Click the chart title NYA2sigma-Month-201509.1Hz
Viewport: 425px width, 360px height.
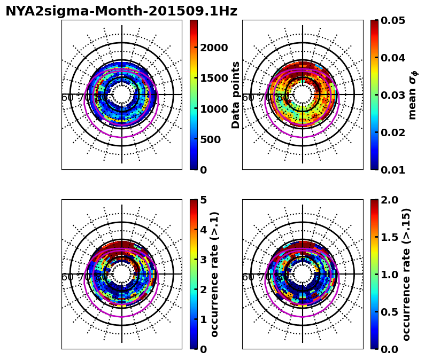coord(121,11)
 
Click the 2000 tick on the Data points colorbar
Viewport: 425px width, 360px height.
coord(214,48)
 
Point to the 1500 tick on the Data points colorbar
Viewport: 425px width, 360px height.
coord(214,79)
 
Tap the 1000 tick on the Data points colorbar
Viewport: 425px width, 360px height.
coord(214,109)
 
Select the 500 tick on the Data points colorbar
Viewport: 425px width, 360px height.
coord(210,139)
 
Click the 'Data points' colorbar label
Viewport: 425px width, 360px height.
coord(236,95)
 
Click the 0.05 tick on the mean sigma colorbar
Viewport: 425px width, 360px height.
coord(393,20)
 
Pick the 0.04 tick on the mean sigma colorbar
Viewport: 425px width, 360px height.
coord(393,58)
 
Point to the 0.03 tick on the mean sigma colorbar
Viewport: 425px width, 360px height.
coord(393,95)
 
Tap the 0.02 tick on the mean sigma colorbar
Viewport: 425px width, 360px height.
coord(393,132)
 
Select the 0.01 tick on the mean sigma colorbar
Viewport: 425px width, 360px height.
coord(393,170)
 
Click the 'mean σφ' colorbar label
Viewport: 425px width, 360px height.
coord(412,95)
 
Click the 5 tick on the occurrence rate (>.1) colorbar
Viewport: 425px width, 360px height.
coord(203,200)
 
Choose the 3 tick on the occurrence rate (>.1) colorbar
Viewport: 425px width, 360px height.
coord(203,260)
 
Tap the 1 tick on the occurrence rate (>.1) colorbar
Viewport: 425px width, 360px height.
coord(203,319)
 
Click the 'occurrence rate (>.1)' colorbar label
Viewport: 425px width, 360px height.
coord(215,274)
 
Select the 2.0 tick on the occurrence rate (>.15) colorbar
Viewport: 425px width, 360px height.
coord(390,200)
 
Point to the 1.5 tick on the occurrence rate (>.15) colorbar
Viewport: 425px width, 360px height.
coord(390,237)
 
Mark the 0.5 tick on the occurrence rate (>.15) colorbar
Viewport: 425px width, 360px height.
coord(390,312)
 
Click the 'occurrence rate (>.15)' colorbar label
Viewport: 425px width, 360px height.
coord(406,274)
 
